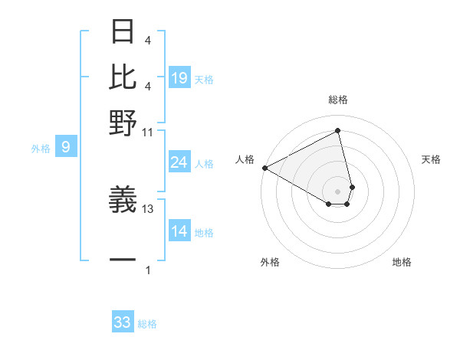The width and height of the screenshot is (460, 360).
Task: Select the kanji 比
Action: coord(123,77)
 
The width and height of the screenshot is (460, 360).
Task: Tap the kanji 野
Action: coord(123,122)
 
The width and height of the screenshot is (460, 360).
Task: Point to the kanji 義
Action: coord(123,200)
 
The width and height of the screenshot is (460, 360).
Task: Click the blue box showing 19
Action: coord(179,77)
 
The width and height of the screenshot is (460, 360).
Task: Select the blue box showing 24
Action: coord(179,162)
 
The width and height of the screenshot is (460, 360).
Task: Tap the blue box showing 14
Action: coord(179,231)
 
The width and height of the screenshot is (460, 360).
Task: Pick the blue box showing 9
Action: coord(66,147)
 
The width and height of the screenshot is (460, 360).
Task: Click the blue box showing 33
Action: coord(123,322)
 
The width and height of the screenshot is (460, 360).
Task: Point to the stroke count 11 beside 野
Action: coord(148,132)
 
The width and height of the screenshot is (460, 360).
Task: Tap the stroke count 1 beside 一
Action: coord(148,270)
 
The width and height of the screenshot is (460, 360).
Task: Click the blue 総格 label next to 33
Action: coord(147,324)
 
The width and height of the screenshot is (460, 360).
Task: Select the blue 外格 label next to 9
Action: coord(41,149)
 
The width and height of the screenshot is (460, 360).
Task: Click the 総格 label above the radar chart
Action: coord(337,100)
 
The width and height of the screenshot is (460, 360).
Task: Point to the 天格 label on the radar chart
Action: coord(431,159)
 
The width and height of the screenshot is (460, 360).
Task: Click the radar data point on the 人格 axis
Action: coord(264,168)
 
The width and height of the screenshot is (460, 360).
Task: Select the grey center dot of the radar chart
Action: coord(337,191)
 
